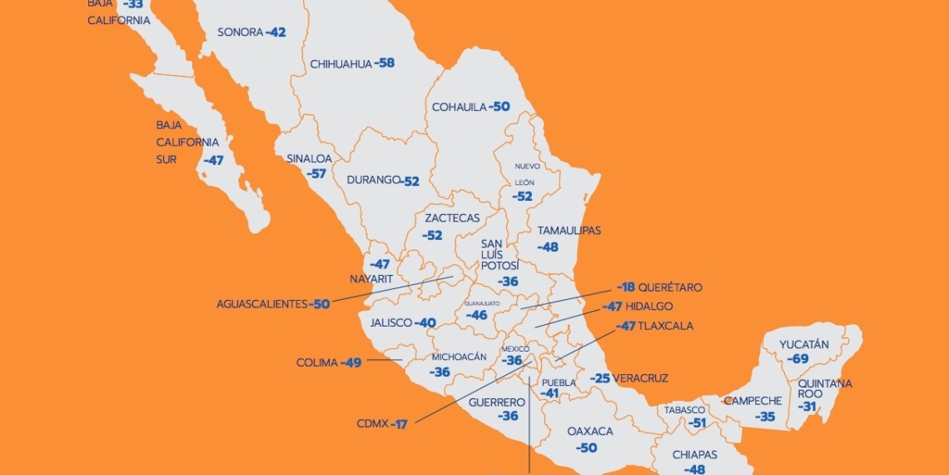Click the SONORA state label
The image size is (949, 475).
240,32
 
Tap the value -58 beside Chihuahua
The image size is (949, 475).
385,63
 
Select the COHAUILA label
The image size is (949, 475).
459,107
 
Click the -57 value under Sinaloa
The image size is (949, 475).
316,174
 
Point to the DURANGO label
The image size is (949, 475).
367,180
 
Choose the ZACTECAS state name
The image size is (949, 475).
452,218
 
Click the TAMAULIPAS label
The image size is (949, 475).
569,231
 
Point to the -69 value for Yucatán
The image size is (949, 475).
799,359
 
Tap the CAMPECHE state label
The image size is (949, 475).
753,401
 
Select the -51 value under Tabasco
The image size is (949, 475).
698,423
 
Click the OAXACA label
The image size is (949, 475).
590,432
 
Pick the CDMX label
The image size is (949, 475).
370,424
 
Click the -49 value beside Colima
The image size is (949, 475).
350,363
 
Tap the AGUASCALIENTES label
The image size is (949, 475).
261,304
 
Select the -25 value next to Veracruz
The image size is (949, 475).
600,378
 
